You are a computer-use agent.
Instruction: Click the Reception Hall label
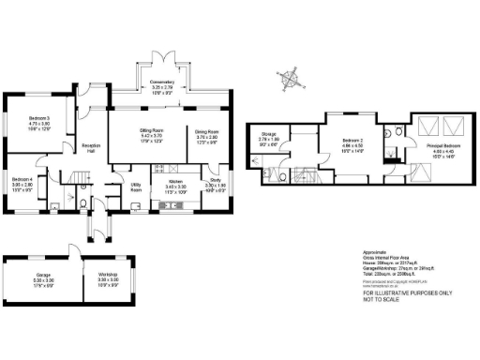click(91, 147)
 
